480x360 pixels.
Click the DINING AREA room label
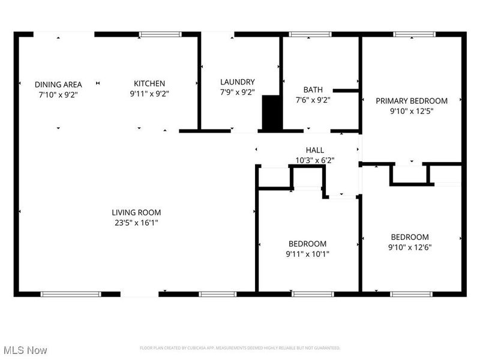pos(58,85)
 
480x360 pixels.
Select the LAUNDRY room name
pos(238,82)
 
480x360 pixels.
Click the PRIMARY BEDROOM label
pos(412,101)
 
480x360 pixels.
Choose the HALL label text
pos(315,150)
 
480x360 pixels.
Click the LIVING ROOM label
pos(136,212)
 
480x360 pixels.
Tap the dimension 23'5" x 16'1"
pos(136,223)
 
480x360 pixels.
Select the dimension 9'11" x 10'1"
pos(308,254)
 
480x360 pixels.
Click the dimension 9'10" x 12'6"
pos(410,247)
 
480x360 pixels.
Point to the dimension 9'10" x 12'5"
pos(412,111)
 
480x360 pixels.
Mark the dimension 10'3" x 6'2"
pos(315,160)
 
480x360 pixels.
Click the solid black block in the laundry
pos(272,113)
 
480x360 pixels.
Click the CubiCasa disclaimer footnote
pos(240,348)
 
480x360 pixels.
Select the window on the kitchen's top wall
pos(160,35)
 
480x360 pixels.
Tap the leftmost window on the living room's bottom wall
pos(71,294)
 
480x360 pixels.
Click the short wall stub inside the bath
pos(346,91)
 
